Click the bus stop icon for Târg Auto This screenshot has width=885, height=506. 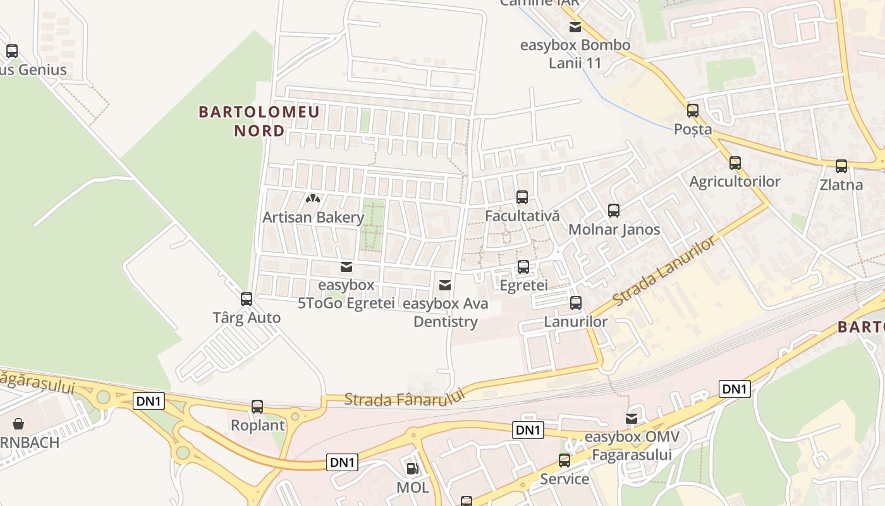point(247,299)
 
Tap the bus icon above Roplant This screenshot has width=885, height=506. point(257,407)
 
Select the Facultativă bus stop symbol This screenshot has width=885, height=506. point(522,197)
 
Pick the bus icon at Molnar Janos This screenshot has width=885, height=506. point(614,211)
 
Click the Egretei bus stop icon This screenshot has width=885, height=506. point(523,267)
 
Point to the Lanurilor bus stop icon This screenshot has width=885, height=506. point(576,303)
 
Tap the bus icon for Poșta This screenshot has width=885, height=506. point(693,111)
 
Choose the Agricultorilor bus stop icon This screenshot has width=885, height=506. point(735,163)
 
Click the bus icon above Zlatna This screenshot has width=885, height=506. point(841,166)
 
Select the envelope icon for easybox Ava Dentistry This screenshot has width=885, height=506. point(445,285)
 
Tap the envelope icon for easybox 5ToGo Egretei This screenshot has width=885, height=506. point(346,267)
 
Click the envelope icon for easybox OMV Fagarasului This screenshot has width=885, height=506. point(632,419)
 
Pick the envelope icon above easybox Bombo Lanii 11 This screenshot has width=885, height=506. point(575,27)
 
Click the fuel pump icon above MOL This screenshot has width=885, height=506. point(412,469)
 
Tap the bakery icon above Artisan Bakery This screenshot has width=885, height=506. point(313,199)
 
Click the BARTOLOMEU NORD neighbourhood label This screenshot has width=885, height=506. point(259,121)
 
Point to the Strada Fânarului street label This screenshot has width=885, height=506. point(405,397)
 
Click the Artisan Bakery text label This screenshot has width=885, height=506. point(314,218)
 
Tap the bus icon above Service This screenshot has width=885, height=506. point(565,460)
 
